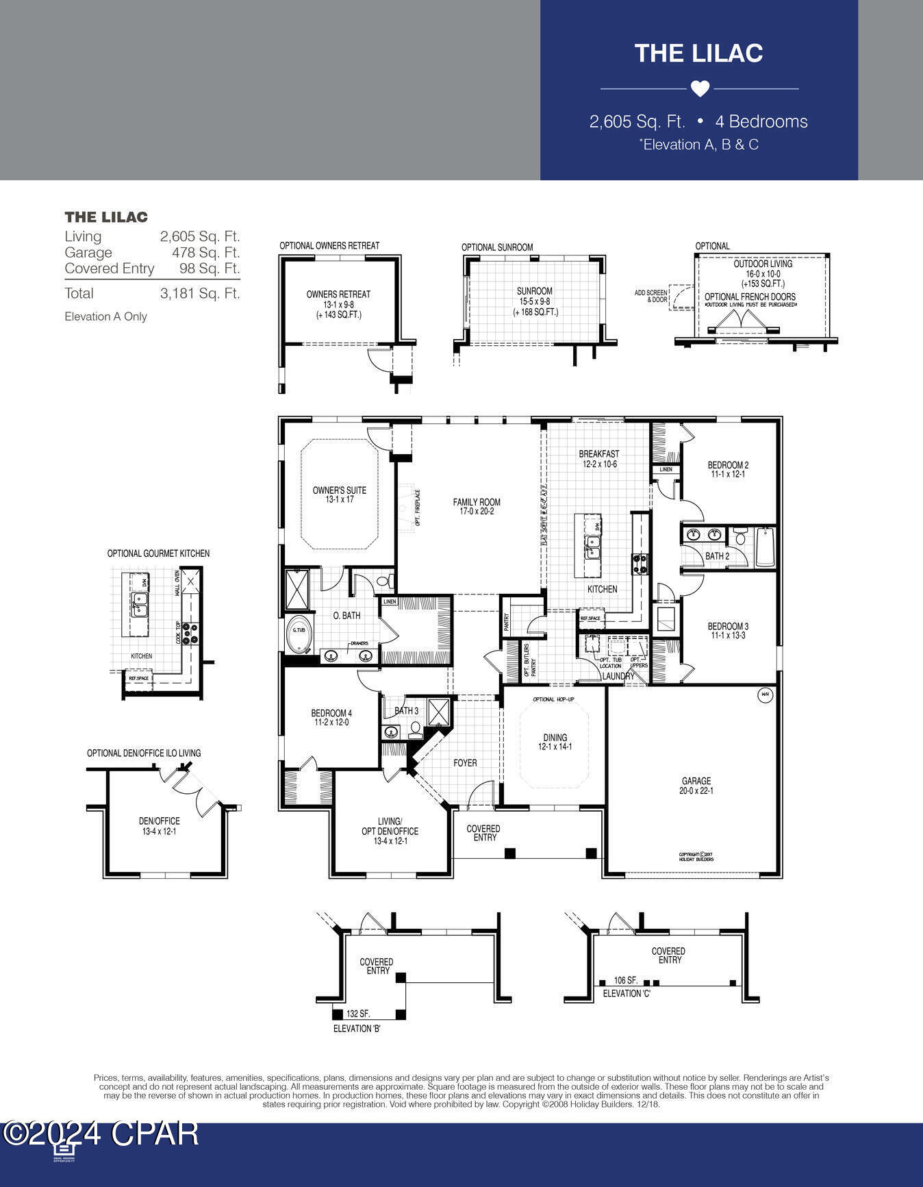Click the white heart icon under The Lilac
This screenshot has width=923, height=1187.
click(x=699, y=89)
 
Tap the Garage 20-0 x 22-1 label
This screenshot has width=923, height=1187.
click(x=696, y=786)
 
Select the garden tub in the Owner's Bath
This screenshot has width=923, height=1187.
click(x=299, y=635)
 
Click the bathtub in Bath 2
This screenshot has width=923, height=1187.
click(x=764, y=547)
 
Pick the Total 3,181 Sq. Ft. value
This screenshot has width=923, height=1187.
click(x=199, y=293)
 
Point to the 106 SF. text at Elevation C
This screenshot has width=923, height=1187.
click(x=626, y=981)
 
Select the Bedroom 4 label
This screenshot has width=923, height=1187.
click(x=331, y=718)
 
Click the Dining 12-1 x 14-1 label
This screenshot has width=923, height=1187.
click(x=555, y=742)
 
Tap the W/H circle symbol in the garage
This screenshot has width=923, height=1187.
click(x=765, y=695)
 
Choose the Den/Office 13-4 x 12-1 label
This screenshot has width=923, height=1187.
click(x=160, y=826)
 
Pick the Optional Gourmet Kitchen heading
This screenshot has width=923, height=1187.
click(x=158, y=553)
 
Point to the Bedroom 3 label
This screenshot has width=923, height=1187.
click(x=728, y=630)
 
